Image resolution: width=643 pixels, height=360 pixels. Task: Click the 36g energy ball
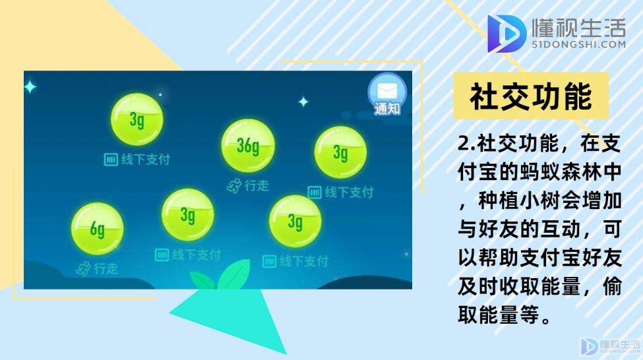(x=248, y=146)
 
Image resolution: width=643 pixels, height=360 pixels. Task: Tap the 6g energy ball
(x=97, y=229)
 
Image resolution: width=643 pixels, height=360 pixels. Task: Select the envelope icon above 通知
(x=387, y=90)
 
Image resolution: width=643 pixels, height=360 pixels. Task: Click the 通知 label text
(x=387, y=109)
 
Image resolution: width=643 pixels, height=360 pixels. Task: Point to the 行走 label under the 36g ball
(x=257, y=186)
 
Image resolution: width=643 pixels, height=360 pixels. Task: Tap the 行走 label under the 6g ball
(x=106, y=268)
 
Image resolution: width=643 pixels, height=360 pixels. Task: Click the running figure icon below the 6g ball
(x=84, y=269)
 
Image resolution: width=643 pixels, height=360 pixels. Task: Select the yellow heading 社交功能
(x=531, y=96)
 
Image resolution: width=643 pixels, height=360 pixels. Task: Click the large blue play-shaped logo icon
(x=506, y=34)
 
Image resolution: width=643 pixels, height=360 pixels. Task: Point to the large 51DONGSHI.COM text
(x=578, y=44)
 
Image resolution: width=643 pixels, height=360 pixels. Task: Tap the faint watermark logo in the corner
(x=611, y=346)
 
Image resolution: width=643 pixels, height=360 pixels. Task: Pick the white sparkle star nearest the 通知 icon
(x=303, y=102)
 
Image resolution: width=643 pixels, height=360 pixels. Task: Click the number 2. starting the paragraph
(x=467, y=144)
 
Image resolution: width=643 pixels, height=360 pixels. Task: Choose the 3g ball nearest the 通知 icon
(x=340, y=152)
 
